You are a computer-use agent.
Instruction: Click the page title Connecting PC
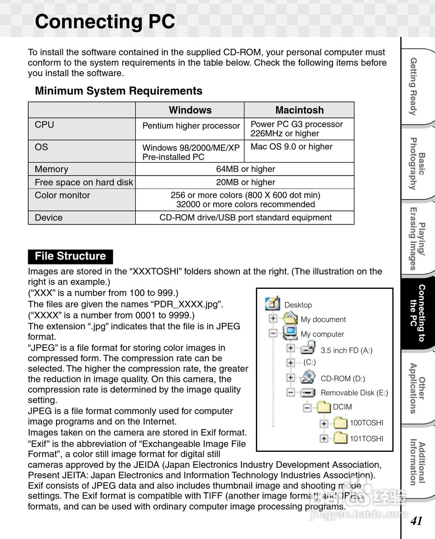point(105,22)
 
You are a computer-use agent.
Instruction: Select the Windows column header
point(190,110)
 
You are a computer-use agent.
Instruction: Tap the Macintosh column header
point(299,110)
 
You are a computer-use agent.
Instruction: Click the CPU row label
point(44,125)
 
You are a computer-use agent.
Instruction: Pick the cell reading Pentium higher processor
point(191,126)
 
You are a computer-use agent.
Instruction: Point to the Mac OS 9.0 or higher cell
point(291,147)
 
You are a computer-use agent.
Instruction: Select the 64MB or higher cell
point(245,169)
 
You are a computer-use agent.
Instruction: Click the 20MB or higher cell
point(245,182)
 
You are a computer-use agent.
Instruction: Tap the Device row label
point(48,218)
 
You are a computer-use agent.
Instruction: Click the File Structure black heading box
point(70,256)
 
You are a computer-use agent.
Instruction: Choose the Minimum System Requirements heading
point(118,91)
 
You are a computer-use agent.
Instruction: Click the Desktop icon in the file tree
point(272,304)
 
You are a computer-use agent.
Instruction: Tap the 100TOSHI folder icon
point(340,423)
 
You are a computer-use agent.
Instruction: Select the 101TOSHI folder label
point(367,439)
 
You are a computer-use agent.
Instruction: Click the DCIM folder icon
point(324,407)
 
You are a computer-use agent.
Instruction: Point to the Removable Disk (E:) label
point(354,393)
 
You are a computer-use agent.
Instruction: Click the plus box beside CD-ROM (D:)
point(290,377)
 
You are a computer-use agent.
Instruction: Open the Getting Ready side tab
point(414,86)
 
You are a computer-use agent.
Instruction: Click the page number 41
point(416,521)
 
